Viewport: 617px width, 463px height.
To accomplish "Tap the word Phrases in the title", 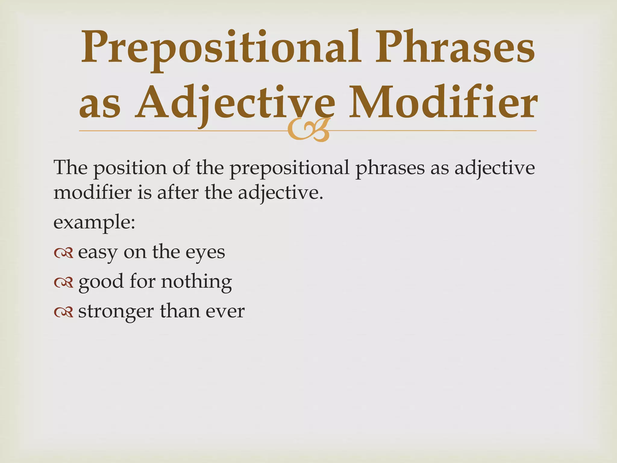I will coord(455,48).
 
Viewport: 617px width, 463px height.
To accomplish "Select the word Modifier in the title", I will coord(443,102).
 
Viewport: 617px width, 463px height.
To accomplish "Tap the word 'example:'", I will coord(94,222).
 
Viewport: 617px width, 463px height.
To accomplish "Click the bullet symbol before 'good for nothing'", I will coord(64,282).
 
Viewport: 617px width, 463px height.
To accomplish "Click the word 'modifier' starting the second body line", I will coord(92,192).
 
